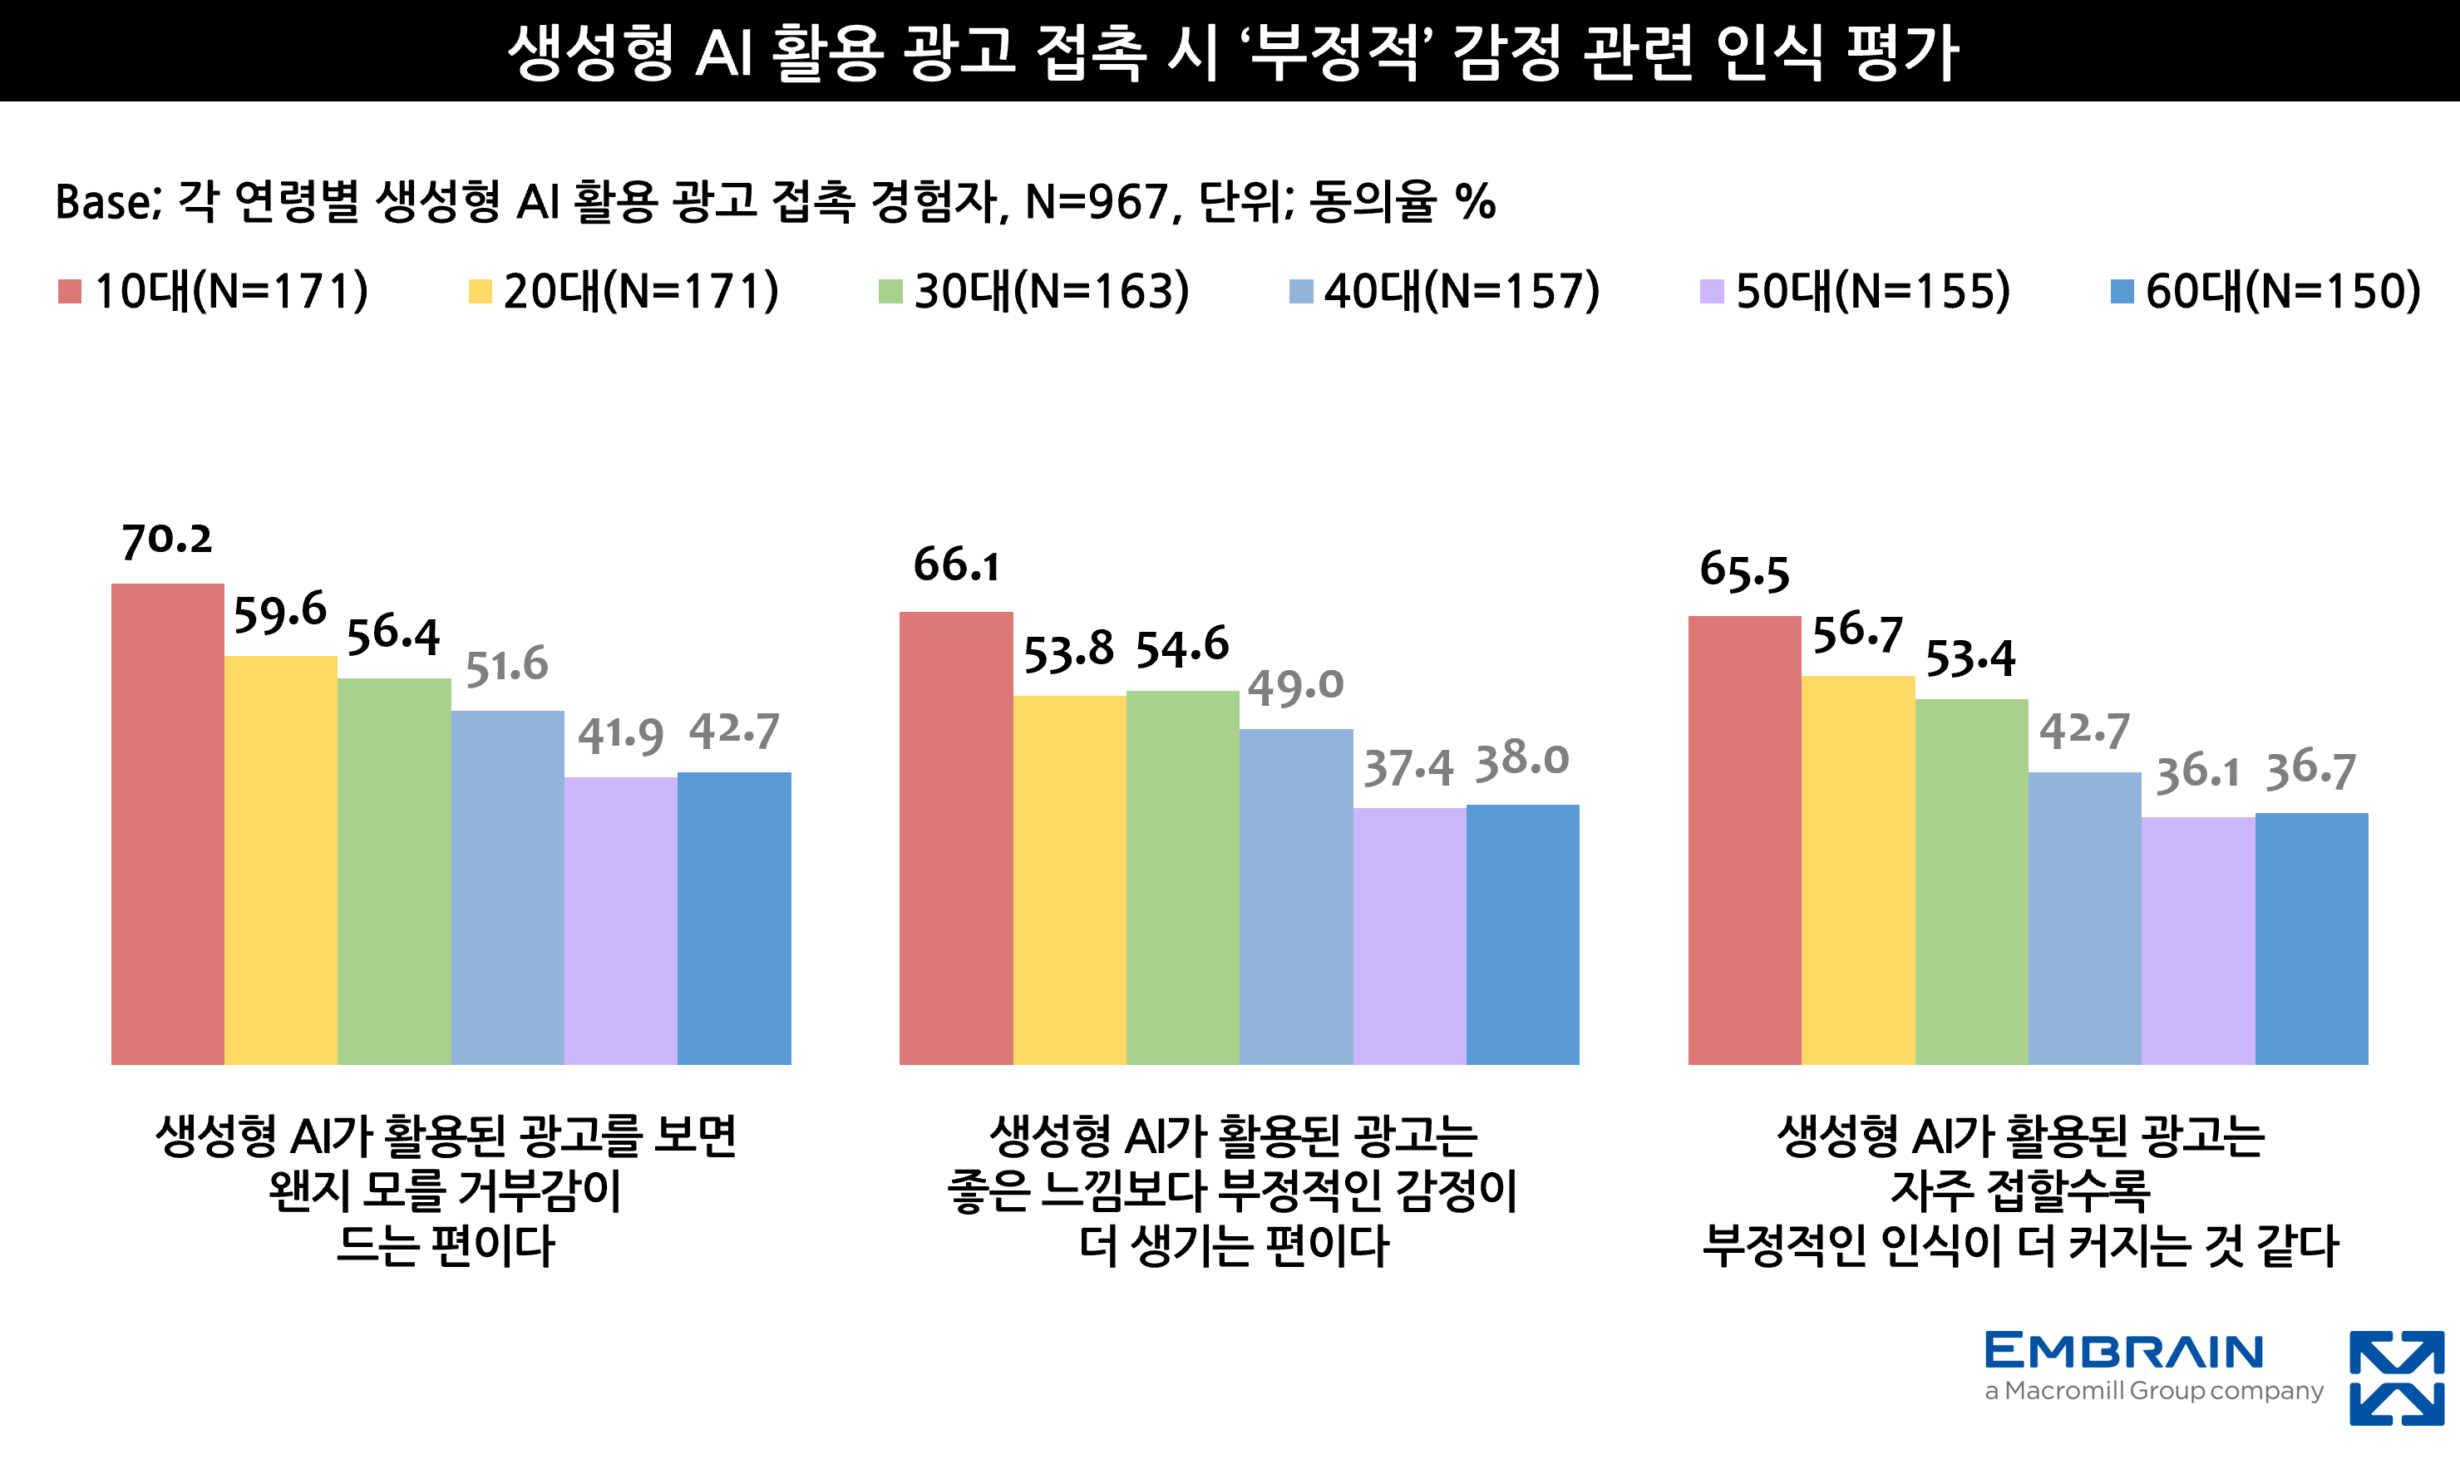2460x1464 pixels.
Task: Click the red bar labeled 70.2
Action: [168, 824]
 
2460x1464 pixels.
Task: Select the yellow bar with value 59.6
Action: [280, 860]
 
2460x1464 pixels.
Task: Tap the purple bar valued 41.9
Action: [620, 920]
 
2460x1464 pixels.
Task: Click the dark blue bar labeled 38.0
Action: [1522, 934]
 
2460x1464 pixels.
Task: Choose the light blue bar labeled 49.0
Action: [1295, 897]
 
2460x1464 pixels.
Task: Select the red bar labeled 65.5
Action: [1744, 840]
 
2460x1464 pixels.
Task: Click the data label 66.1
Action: [956, 565]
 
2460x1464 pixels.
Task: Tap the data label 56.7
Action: [1857, 633]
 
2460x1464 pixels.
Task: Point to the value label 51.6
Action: [506, 666]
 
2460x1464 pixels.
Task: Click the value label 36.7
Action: [2310, 770]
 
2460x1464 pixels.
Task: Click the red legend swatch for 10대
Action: [70, 291]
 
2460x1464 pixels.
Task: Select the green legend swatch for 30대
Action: [890, 291]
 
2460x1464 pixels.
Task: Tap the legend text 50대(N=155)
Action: [1872, 291]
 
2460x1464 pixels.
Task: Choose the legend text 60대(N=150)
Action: [2282, 291]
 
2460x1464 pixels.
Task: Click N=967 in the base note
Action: [1096, 202]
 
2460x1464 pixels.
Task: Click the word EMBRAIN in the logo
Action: [2123, 1352]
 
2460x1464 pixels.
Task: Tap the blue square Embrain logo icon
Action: [2397, 1378]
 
